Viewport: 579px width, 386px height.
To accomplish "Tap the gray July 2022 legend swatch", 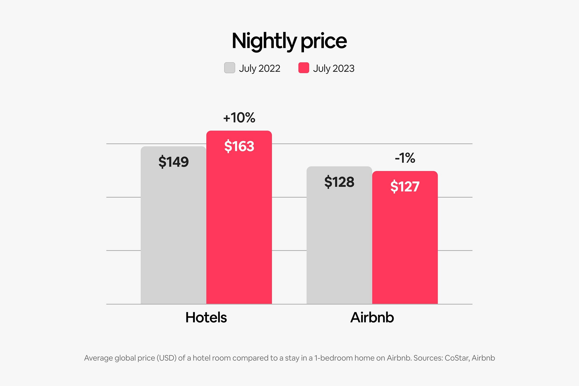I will click(229, 68).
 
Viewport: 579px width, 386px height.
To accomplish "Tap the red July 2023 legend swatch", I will click(303, 68).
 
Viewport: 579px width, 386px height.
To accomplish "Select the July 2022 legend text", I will click(259, 68).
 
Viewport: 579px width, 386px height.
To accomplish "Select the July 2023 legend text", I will click(334, 68).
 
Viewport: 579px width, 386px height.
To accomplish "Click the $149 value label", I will click(173, 162).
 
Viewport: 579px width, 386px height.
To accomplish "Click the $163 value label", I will click(239, 146).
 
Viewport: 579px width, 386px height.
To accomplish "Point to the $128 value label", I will click(339, 182).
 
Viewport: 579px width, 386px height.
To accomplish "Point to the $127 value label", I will click(405, 186).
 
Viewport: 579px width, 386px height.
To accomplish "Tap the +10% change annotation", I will click(239, 118).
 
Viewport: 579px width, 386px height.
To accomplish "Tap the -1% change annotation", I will click(405, 158).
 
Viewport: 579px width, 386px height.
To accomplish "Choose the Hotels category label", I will click(206, 317).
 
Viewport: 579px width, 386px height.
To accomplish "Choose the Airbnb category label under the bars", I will click(372, 317).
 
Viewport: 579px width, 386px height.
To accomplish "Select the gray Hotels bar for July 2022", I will click(173, 235).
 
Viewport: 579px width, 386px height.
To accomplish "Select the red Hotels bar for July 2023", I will click(239, 229).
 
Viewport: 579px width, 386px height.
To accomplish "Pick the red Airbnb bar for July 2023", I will click(405, 247).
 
